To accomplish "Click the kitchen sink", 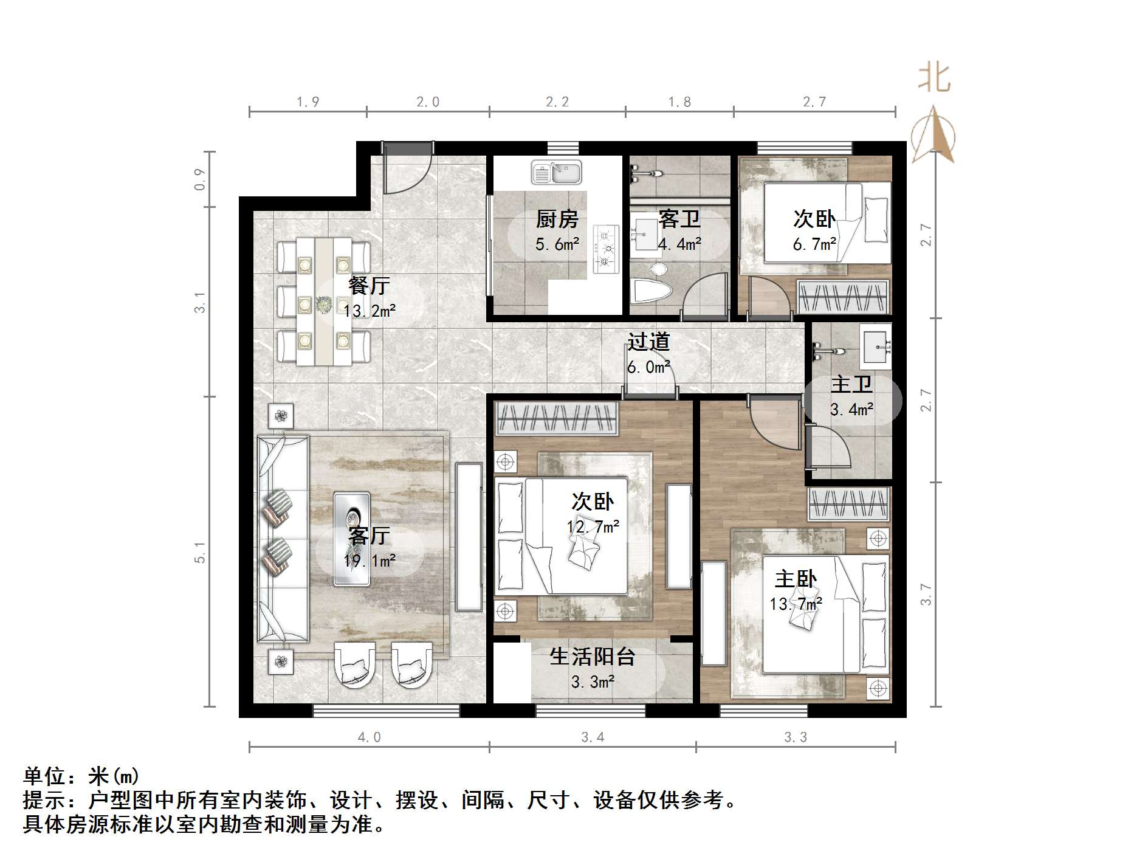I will coord(557,173).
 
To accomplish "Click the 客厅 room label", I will coord(369,536).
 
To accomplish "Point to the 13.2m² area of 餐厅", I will coord(369,311).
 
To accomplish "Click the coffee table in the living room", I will coord(351,539).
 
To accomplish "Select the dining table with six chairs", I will coord(324,302).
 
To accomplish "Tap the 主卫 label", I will coord(851,384).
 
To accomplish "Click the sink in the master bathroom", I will coord(875,345).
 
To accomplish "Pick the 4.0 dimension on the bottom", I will coord(369,737).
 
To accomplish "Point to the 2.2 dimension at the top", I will coord(557,102).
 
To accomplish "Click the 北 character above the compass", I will coord(934,78).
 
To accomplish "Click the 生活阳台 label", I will coord(592,657).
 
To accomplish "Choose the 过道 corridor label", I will coord(648,342).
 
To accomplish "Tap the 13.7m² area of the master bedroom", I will coord(796,604).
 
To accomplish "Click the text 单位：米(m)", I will coord(81,776).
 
